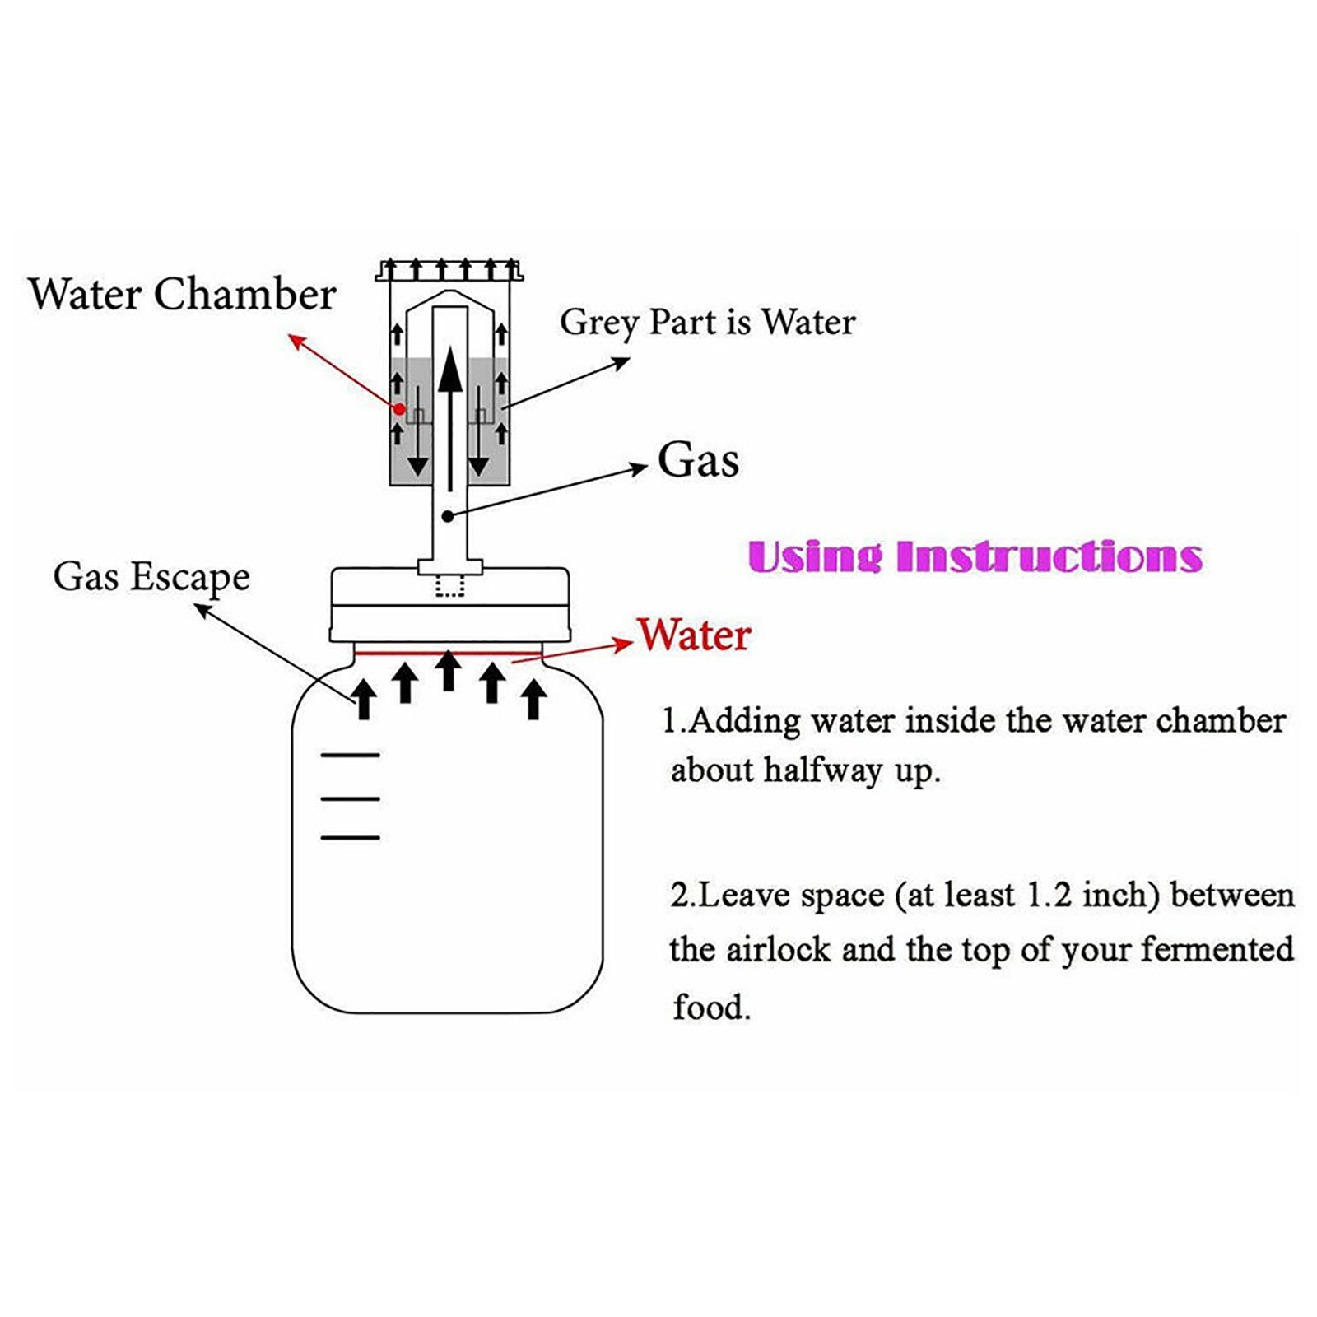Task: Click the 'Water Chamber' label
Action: click(x=182, y=294)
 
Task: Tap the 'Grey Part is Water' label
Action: click(x=707, y=322)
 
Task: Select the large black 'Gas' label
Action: click(x=698, y=460)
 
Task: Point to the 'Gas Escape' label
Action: click(x=151, y=577)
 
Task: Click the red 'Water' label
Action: click(x=695, y=635)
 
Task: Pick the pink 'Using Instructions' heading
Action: click(x=975, y=556)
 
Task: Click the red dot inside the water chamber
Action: click(x=399, y=409)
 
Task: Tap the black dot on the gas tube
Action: click(x=447, y=516)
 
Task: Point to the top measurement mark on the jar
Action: click(x=350, y=755)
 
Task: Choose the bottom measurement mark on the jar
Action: click(x=350, y=838)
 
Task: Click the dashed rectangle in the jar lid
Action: click(x=449, y=586)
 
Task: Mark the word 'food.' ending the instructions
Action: click(x=712, y=1007)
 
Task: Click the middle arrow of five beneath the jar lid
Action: click(x=448, y=671)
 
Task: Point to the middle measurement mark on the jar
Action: click(x=350, y=798)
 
